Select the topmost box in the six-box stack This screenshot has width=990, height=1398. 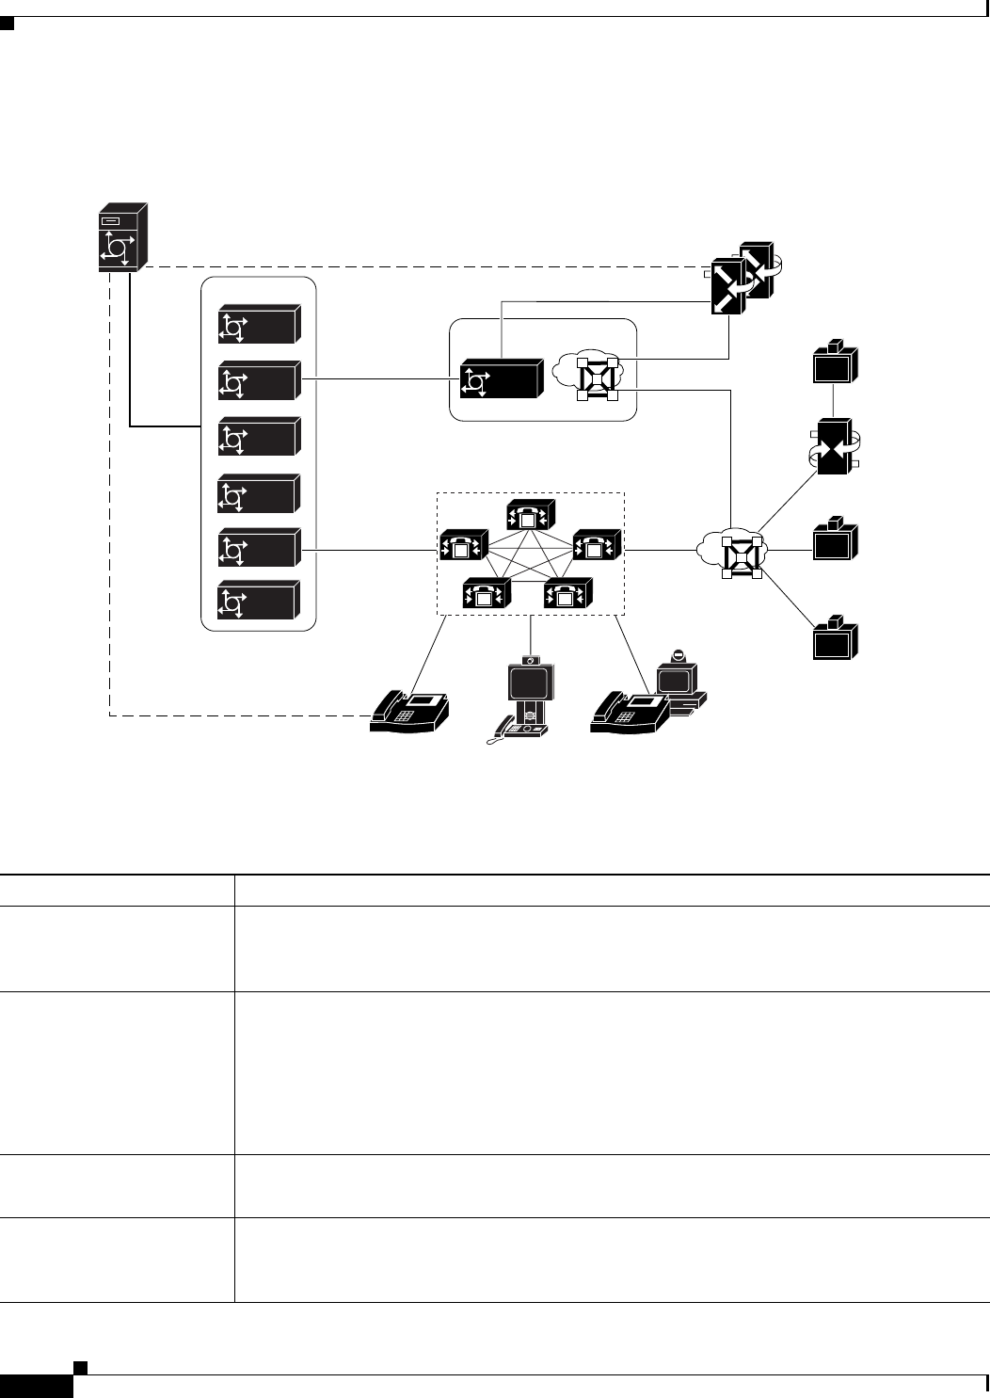pyautogui.click(x=259, y=326)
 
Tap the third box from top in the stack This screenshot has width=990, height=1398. pyautogui.click(x=259, y=437)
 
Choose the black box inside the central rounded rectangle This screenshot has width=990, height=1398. pyautogui.click(x=501, y=381)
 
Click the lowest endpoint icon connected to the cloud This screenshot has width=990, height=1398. pyautogui.click(x=835, y=640)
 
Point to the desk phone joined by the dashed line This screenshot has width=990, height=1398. pyautogui.click(x=410, y=712)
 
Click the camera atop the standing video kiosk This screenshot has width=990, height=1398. pyautogui.click(x=531, y=660)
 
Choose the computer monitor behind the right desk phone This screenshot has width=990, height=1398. pyautogui.click(x=678, y=676)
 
